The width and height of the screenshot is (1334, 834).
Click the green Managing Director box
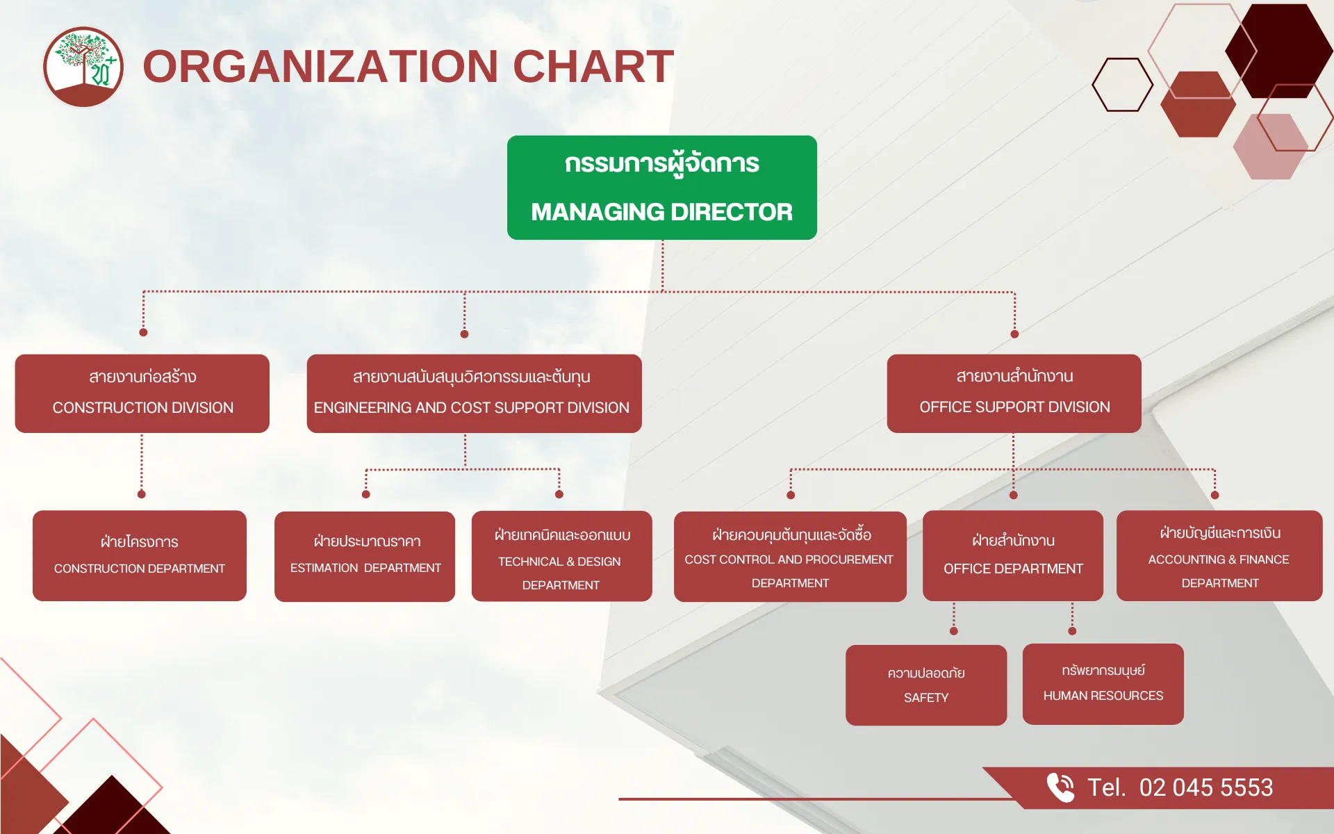(661, 188)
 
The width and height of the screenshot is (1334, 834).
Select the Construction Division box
(142, 393)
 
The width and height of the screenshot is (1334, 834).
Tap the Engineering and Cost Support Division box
(474, 393)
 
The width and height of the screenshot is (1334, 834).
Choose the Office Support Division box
(1014, 393)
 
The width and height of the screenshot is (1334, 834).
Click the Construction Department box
(140, 556)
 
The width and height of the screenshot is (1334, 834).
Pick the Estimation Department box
(365, 557)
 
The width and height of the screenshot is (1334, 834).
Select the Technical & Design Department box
(561, 556)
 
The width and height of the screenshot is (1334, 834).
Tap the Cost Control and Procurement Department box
(790, 557)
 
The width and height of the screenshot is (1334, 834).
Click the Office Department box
(1013, 556)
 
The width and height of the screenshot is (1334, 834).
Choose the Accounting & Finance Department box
(1219, 556)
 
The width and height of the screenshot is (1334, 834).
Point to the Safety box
(926, 685)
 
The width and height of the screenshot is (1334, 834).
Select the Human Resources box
(1103, 684)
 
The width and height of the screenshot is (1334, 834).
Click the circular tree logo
(83, 67)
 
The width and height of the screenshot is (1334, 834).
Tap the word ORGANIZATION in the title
(320, 67)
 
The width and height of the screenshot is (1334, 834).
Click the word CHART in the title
(593, 67)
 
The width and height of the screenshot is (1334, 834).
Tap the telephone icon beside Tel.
(1060, 787)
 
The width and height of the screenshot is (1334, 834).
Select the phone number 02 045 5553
(1206, 787)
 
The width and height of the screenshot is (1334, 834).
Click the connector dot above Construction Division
(143, 332)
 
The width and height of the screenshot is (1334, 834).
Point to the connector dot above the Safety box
(954, 631)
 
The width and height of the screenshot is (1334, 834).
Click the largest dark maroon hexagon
(1278, 51)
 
